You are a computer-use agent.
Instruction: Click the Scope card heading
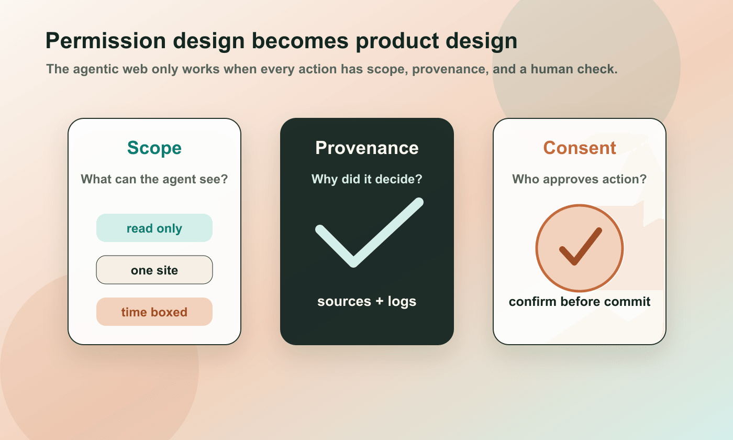pos(154,148)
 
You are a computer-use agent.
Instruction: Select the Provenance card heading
pos(366,148)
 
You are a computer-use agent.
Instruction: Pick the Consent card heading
pos(580,148)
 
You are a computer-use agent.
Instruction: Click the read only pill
pos(154,228)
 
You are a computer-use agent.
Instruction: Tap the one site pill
pos(154,270)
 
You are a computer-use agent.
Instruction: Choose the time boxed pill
pos(154,312)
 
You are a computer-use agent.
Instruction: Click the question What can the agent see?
pos(154,179)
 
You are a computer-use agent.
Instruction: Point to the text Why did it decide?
pos(366,179)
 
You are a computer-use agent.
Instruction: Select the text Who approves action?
pos(580,179)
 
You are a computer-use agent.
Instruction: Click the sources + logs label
pos(366,302)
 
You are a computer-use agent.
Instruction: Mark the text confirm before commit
pos(580,302)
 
